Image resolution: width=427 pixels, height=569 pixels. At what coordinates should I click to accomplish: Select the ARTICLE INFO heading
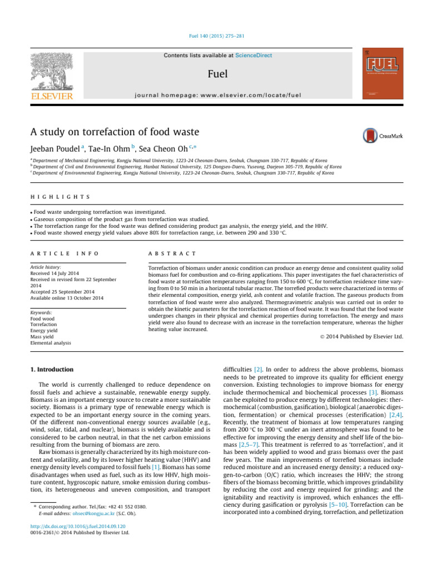64,253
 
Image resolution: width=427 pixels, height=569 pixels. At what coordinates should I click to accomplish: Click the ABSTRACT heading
172,253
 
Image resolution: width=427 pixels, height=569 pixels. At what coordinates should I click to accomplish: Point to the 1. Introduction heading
52,369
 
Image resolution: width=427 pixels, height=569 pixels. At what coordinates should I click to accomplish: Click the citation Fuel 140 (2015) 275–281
213,37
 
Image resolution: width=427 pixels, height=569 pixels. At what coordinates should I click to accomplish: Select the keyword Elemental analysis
51,343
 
